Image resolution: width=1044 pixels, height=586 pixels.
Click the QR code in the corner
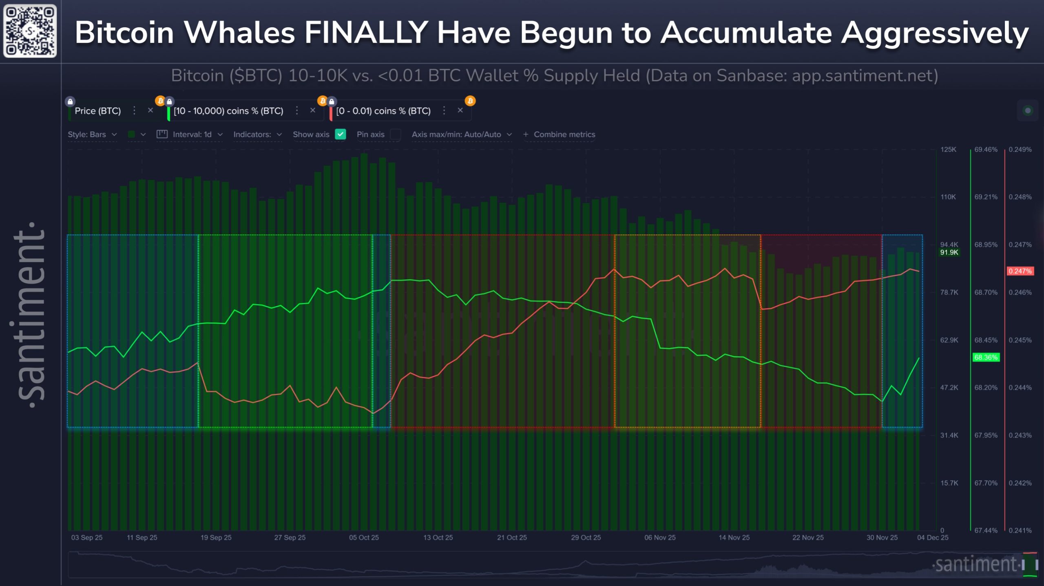point(30,31)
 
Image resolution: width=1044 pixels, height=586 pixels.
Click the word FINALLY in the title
point(366,33)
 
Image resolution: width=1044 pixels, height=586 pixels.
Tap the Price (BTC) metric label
point(98,111)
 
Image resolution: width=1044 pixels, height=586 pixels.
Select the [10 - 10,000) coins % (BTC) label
point(228,111)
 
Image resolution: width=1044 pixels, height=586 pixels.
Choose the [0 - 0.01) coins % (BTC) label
point(383,111)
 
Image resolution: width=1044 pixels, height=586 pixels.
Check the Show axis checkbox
point(340,134)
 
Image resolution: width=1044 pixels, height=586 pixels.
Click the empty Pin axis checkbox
point(395,134)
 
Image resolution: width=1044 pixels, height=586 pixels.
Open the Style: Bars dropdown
point(92,134)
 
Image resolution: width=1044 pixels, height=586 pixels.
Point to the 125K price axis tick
point(948,150)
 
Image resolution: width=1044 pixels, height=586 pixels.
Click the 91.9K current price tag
point(949,252)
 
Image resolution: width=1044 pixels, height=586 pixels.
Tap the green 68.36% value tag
point(986,358)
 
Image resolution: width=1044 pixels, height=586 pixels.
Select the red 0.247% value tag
point(1020,271)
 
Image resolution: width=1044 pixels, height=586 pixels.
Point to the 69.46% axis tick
point(986,150)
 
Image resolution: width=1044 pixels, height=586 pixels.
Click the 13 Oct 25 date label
point(438,537)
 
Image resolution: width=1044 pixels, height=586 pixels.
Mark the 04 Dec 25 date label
point(932,537)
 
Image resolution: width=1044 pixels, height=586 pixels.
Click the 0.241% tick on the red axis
point(1020,531)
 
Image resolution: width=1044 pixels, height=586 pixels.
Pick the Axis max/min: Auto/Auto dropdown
point(461,134)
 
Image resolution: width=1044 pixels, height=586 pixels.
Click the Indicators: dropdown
point(257,134)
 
